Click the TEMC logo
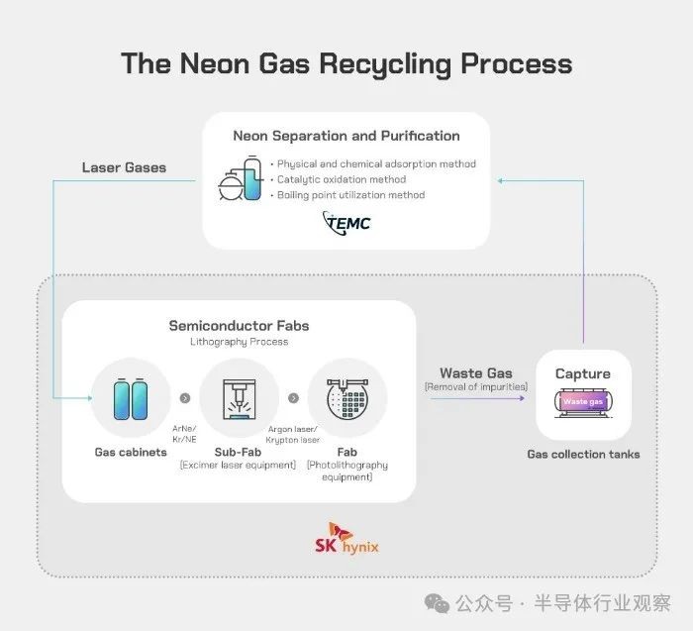346,223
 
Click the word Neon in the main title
215,63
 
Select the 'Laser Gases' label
124,167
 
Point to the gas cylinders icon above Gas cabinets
131,398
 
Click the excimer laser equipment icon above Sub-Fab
240,399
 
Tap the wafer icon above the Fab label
347,398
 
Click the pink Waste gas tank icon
583,402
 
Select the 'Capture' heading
583,374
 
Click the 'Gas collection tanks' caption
583,454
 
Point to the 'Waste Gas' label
476,373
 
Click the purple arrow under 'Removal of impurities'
477,398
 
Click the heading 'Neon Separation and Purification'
346,136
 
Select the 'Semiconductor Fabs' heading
240,326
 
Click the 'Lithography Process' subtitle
240,342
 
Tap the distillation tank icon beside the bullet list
240,178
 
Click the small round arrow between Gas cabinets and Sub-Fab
185,398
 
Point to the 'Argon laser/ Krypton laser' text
293,434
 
